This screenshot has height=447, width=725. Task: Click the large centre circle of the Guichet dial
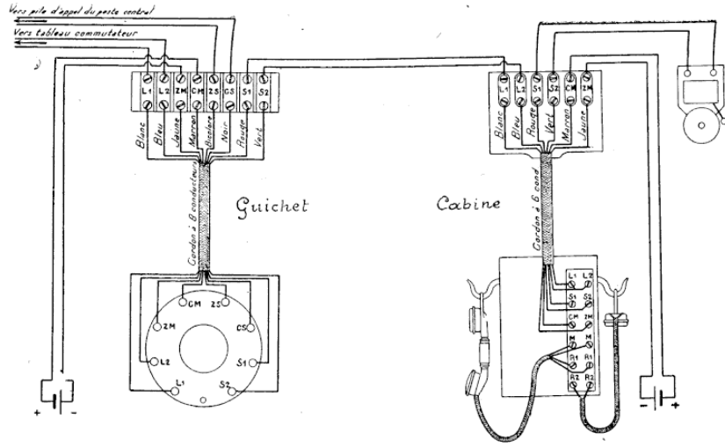pyautogui.click(x=203, y=338)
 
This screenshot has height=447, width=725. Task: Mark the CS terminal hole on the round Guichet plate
pyautogui.click(x=249, y=328)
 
